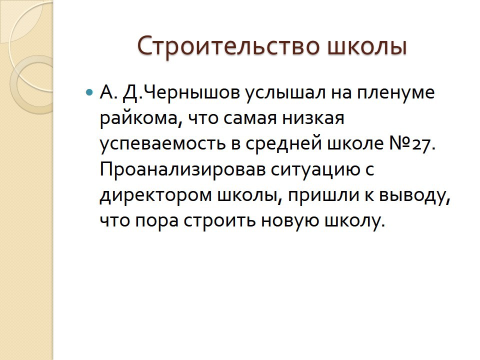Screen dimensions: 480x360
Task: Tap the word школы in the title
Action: tap(367, 46)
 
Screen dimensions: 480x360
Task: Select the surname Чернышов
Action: tap(191, 92)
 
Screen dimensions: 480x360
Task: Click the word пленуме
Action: tap(396, 92)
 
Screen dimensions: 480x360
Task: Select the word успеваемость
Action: tap(162, 144)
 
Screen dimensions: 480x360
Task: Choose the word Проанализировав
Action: tap(183, 169)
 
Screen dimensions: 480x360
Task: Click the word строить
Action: tap(219, 221)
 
